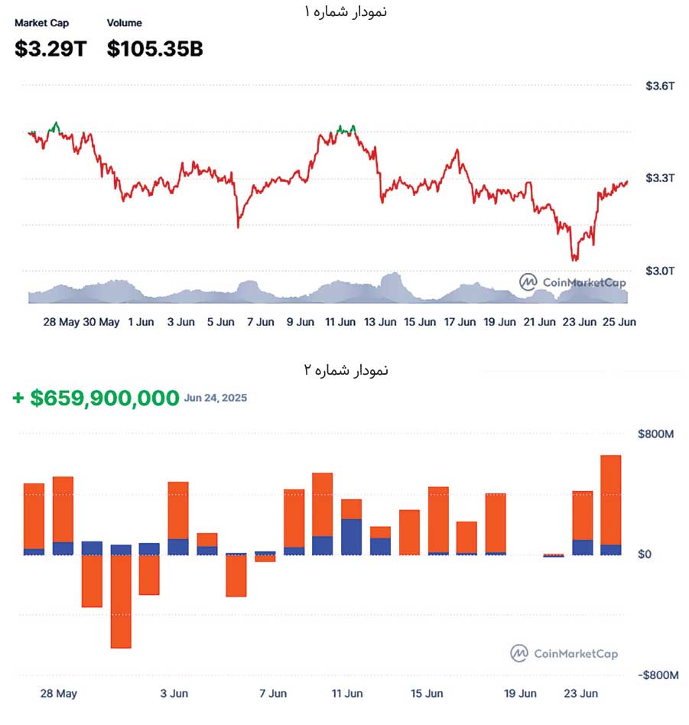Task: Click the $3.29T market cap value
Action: [50, 49]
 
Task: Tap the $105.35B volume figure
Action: [154, 49]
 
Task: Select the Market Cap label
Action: [41, 23]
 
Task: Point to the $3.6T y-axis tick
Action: [660, 86]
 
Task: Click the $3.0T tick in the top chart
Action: [660, 271]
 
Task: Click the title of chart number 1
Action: [345, 12]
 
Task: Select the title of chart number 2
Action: [345, 370]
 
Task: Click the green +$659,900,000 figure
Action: [96, 398]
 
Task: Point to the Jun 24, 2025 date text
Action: [216, 398]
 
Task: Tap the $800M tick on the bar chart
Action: [656, 434]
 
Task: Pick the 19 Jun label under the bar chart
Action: [519, 694]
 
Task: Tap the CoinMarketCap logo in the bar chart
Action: [564, 654]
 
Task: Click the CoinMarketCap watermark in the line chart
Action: [573, 282]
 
